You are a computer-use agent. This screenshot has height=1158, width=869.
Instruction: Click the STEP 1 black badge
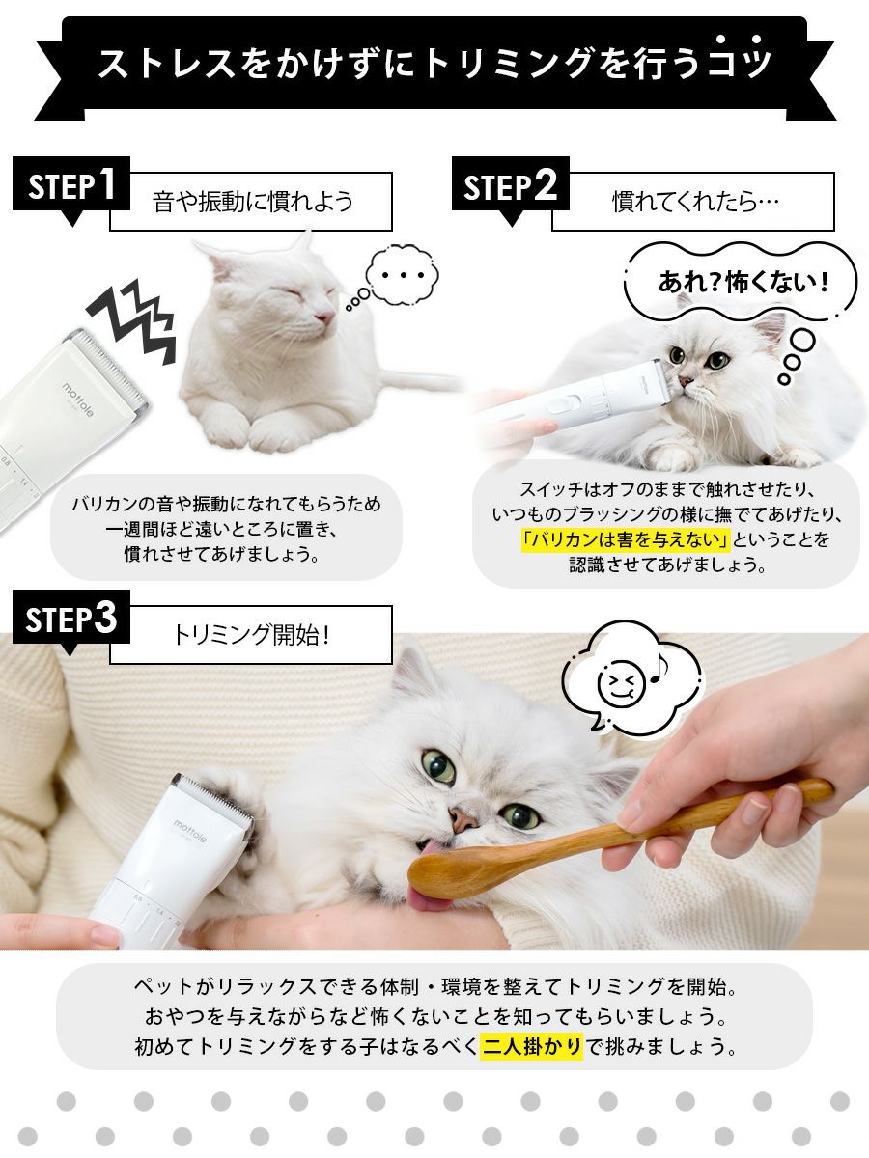coord(71,184)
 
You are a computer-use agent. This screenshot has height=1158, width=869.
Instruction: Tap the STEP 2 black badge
coord(510,184)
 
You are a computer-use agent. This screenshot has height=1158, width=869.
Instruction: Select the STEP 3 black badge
coord(71,618)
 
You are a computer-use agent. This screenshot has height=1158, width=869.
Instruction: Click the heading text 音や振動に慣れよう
coord(253,202)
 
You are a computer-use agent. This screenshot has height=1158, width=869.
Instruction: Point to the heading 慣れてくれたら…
coord(695,202)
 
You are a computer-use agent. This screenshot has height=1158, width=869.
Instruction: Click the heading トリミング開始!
coord(252,635)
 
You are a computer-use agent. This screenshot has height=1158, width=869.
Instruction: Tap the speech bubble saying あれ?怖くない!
coord(741,281)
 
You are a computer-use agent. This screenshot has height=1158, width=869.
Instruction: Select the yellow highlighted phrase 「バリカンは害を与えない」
coord(626,539)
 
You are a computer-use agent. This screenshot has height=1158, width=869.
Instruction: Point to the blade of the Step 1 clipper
coord(112,364)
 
